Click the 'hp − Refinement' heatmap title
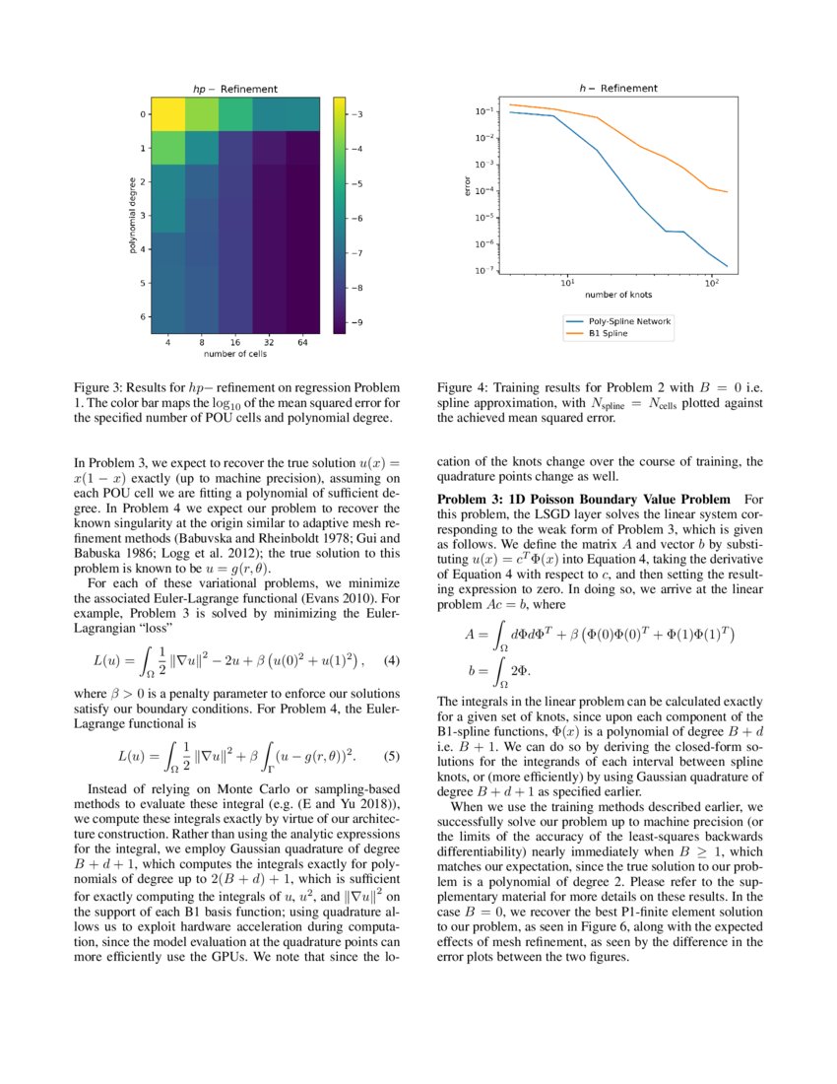[x=233, y=90]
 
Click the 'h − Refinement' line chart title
[x=617, y=88]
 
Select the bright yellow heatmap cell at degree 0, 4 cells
[x=168, y=114]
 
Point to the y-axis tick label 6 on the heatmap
[x=144, y=317]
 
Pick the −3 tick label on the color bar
[x=357, y=114]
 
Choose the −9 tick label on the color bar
[x=357, y=322]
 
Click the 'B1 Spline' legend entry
[x=608, y=334]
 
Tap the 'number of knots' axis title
[x=617, y=295]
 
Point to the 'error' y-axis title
[x=468, y=184]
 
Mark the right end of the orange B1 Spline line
[x=727, y=192]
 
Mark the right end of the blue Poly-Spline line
[x=727, y=266]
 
